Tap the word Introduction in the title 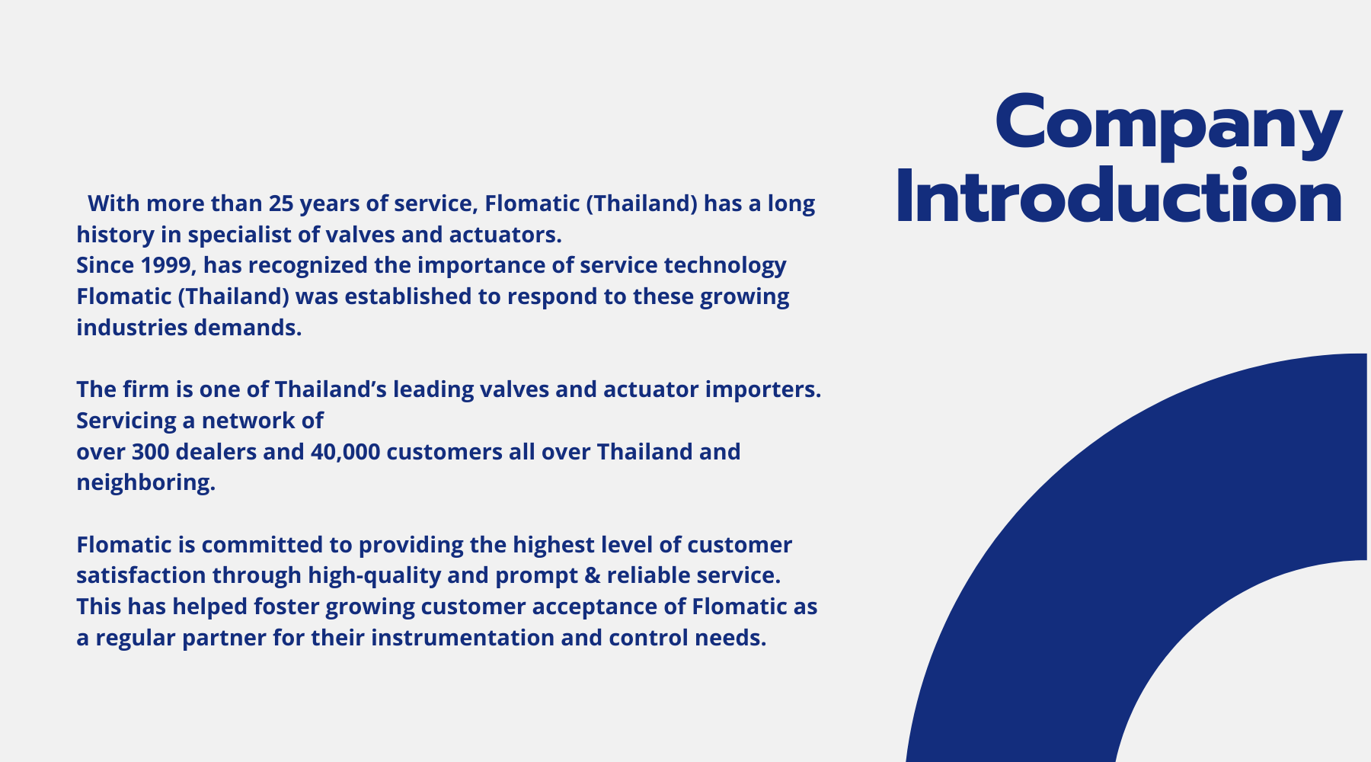tap(1119, 196)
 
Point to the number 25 tap(281, 203)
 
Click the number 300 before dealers tap(151, 452)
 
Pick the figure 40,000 tap(345, 452)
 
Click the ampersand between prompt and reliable tap(593, 576)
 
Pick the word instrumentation tap(462, 638)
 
